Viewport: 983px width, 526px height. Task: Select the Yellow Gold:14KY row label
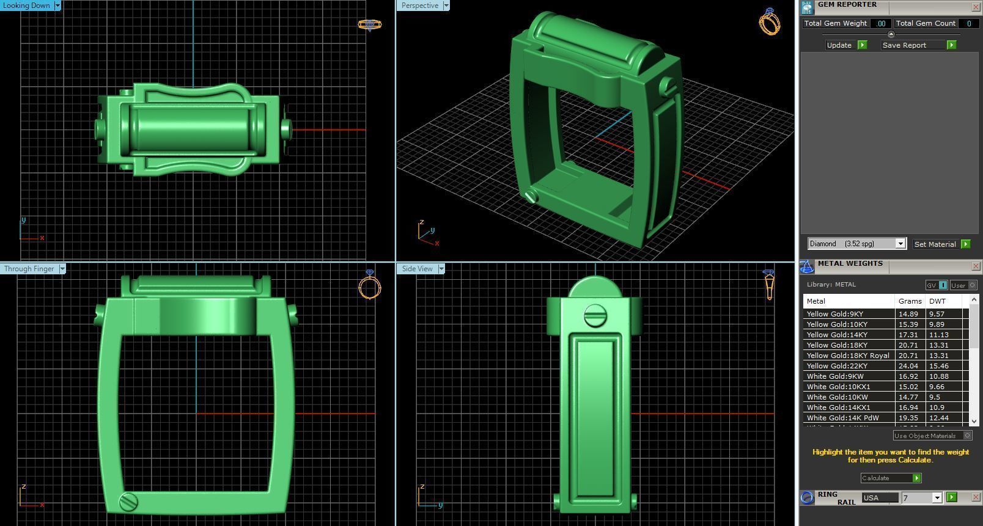click(837, 335)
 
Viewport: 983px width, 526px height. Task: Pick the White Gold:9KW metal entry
click(835, 376)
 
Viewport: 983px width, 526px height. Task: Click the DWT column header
click(937, 301)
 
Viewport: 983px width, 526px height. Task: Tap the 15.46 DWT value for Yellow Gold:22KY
click(937, 366)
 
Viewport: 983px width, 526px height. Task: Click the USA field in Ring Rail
click(879, 498)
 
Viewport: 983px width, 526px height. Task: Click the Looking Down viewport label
click(27, 5)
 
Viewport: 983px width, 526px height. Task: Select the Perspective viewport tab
click(420, 5)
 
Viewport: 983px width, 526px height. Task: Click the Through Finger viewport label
click(29, 269)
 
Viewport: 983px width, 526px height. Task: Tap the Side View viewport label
click(418, 269)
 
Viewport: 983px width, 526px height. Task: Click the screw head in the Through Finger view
click(128, 502)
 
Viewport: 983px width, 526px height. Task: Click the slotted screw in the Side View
click(594, 316)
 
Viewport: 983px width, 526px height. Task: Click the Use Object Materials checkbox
click(967, 436)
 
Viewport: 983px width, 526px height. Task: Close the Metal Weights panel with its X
click(976, 266)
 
